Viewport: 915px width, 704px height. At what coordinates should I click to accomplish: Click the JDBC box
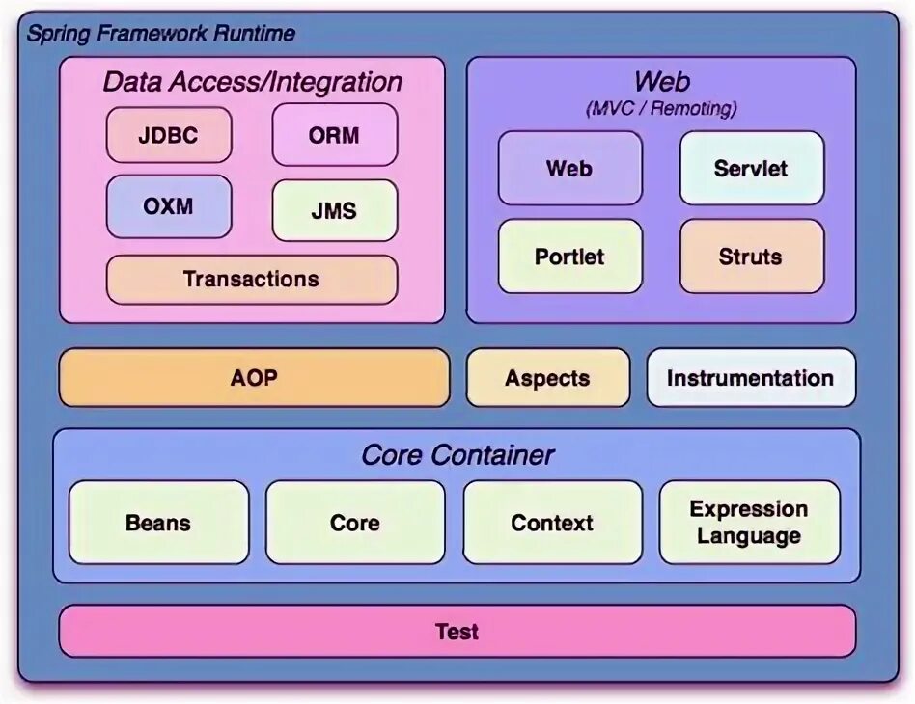click(169, 135)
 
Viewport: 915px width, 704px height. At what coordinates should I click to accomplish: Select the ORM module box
click(334, 135)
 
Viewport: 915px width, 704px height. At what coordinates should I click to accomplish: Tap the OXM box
click(169, 206)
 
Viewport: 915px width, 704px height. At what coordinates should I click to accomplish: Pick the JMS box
click(334, 211)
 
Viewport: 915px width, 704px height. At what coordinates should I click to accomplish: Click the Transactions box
click(251, 280)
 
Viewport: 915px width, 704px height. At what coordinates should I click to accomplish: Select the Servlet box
click(751, 169)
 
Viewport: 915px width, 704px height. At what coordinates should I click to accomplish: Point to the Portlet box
click(569, 257)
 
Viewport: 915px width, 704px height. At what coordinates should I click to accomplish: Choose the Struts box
click(751, 257)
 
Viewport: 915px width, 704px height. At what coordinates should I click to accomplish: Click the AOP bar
click(254, 378)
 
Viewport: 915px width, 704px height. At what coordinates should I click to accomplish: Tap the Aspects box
click(547, 378)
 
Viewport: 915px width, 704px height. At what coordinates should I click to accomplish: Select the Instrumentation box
click(750, 378)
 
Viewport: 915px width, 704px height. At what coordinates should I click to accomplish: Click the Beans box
click(159, 523)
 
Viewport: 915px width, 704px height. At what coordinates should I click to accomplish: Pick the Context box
click(552, 523)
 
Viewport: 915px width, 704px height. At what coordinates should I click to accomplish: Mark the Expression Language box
click(749, 523)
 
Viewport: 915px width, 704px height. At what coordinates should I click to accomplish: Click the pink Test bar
click(457, 632)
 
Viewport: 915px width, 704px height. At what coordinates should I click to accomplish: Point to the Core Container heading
click(457, 454)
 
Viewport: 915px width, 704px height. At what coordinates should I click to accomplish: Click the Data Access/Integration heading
click(252, 82)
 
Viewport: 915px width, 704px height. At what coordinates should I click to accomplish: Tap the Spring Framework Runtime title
click(160, 34)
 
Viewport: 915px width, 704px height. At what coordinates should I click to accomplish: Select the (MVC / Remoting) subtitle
click(661, 108)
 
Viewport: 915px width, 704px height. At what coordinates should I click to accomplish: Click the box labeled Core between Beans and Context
click(354, 523)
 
